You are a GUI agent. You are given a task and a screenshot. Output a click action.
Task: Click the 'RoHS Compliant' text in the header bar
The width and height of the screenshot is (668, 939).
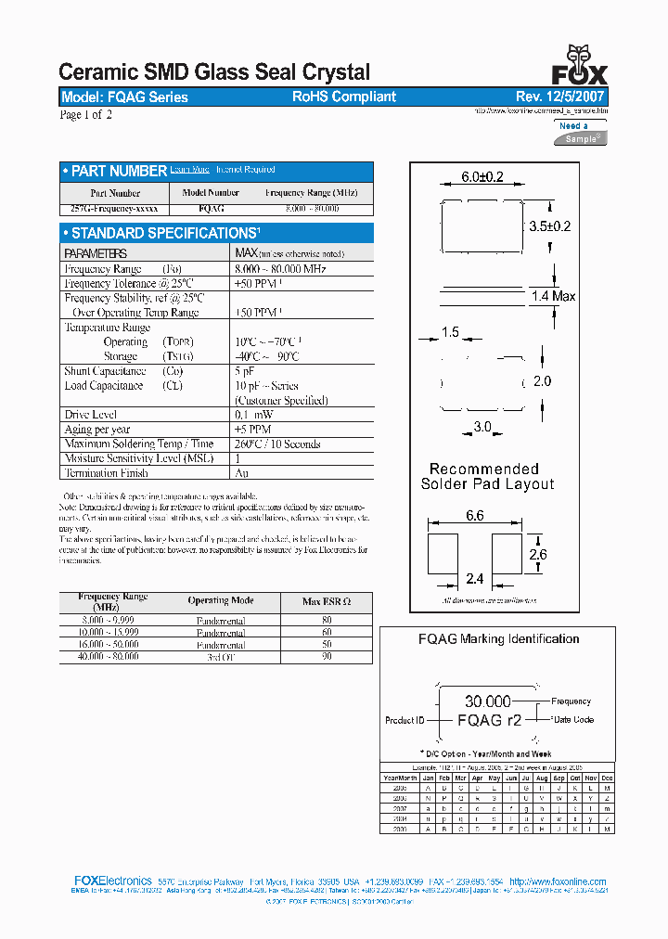pyautogui.click(x=344, y=96)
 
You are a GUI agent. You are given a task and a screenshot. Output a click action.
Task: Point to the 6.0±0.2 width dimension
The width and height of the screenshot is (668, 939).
pyautogui.click(x=482, y=177)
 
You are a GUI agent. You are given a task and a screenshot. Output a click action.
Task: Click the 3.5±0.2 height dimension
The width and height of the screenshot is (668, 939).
pyautogui.click(x=549, y=226)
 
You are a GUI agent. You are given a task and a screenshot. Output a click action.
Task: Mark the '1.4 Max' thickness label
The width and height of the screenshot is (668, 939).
pyautogui.click(x=553, y=296)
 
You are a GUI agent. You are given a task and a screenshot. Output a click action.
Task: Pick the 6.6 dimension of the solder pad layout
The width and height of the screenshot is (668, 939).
pyautogui.click(x=474, y=515)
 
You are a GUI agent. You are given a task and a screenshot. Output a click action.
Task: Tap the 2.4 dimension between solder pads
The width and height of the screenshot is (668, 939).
pyautogui.click(x=474, y=579)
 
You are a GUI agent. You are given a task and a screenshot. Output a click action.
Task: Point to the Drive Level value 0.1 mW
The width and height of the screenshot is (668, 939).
pyautogui.click(x=254, y=415)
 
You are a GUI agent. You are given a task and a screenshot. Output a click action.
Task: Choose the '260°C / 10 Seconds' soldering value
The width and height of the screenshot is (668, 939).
pyautogui.click(x=277, y=444)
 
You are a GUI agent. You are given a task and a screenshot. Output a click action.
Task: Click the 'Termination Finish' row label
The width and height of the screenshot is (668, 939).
pyautogui.click(x=106, y=473)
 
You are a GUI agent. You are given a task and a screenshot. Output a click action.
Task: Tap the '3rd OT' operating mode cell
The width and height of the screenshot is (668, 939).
pyautogui.click(x=221, y=657)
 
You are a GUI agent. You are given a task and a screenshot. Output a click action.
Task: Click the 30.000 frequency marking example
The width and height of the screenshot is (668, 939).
pyautogui.click(x=488, y=701)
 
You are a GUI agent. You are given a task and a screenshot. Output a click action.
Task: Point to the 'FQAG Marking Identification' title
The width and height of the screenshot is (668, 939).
pyautogui.click(x=498, y=638)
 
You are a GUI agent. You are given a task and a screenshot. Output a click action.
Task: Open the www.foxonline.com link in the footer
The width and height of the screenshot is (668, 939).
pyautogui.click(x=558, y=881)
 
